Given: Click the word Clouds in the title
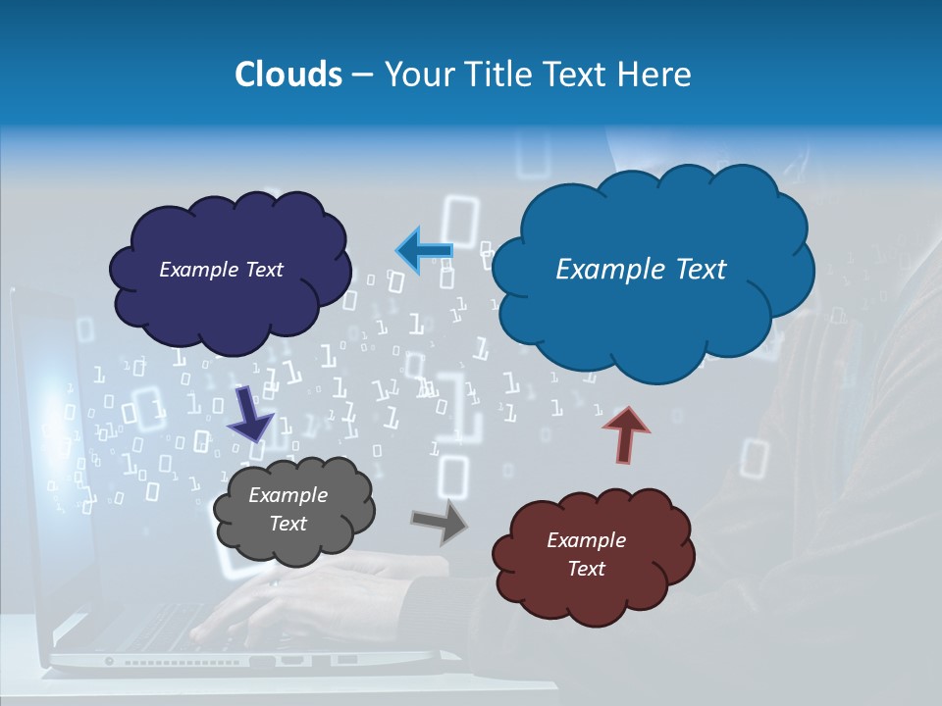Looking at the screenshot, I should [x=288, y=75].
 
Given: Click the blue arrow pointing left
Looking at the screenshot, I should [x=424, y=251].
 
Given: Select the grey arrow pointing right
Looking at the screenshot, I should [x=440, y=521].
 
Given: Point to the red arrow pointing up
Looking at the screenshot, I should [x=626, y=434].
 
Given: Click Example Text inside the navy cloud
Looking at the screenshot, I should [x=221, y=270].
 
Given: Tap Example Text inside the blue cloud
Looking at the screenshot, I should [x=641, y=270].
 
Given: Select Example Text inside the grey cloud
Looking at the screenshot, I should [x=288, y=509].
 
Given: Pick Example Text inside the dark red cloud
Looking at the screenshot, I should [x=586, y=554].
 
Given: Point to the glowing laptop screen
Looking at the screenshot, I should [x=44, y=412].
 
